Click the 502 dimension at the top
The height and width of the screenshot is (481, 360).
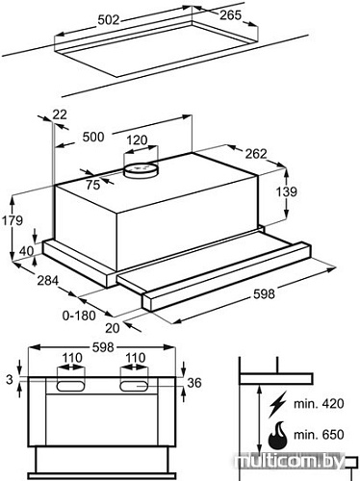point(109,20)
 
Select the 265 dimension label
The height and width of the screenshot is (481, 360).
point(230,14)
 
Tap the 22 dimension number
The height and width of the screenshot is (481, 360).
point(60,114)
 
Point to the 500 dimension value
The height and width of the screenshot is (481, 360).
point(93,137)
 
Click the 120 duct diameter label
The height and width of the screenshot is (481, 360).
point(137,140)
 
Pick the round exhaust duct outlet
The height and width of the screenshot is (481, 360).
point(141,170)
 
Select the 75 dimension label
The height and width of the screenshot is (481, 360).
point(93,185)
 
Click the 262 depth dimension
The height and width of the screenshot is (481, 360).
point(256,154)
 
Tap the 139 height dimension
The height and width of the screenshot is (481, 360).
point(287,191)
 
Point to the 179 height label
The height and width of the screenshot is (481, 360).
point(13,220)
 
